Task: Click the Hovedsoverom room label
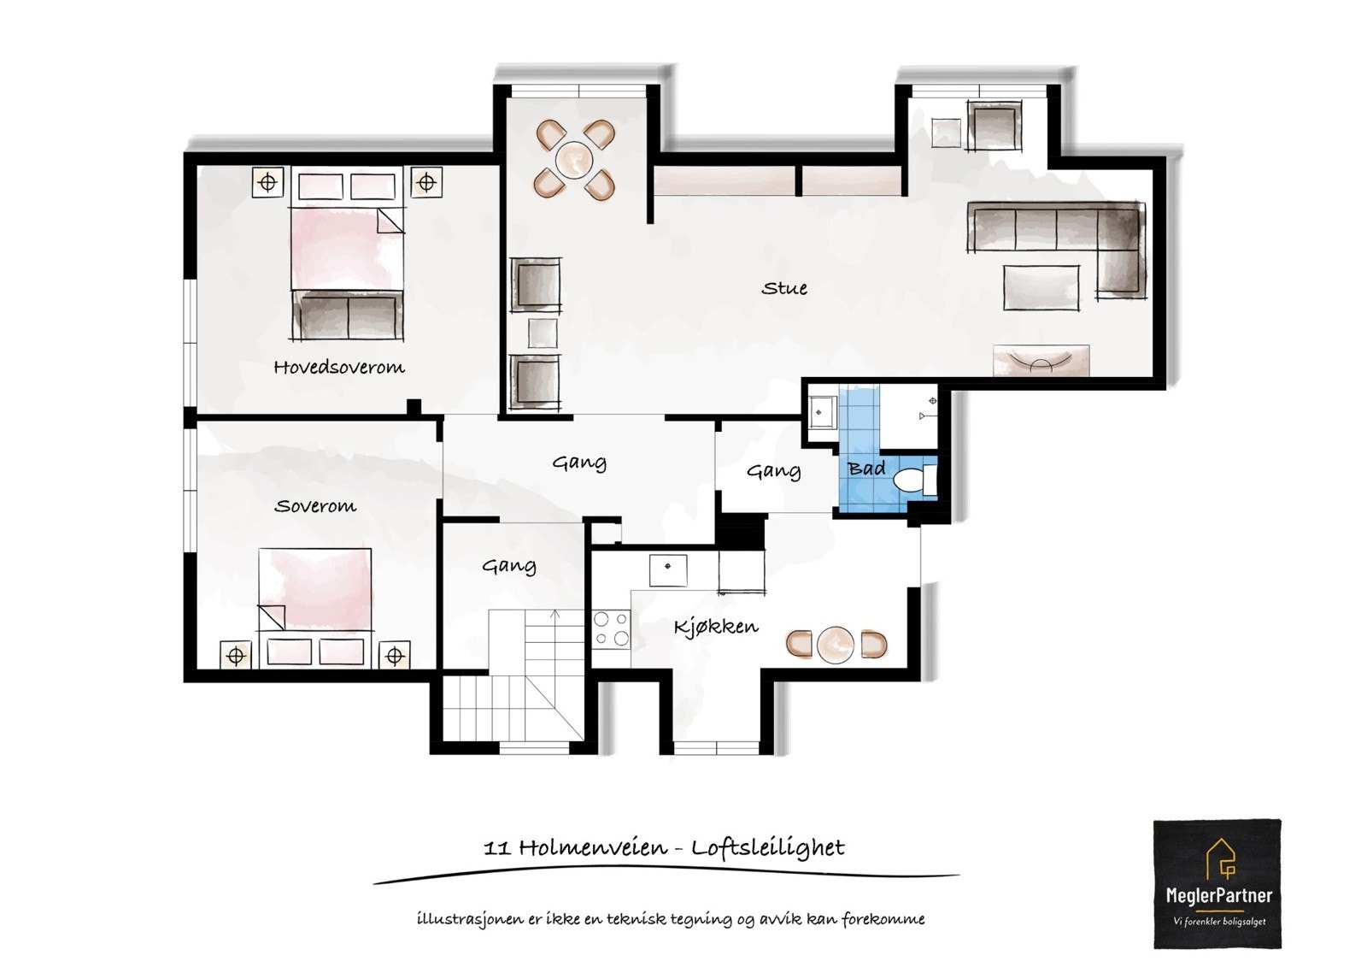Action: pyautogui.click(x=338, y=368)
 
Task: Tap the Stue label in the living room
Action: pyautogui.click(x=784, y=288)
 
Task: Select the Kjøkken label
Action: pyautogui.click(x=716, y=627)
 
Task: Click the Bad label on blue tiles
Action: pyautogui.click(x=866, y=469)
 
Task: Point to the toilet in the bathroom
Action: pyautogui.click(x=913, y=480)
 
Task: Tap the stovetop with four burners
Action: pyautogui.click(x=611, y=628)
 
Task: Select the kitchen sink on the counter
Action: pyautogui.click(x=668, y=569)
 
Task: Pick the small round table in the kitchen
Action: pyautogui.click(x=835, y=644)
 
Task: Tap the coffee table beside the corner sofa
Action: pyautogui.click(x=1041, y=286)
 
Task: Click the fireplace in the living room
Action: pyautogui.click(x=1041, y=361)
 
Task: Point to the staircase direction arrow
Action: pyautogui.click(x=555, y=614)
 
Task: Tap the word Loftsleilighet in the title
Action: pyautogui.click(x=767, y=847)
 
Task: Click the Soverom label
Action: pyautogui.click(x=314, y=506)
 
